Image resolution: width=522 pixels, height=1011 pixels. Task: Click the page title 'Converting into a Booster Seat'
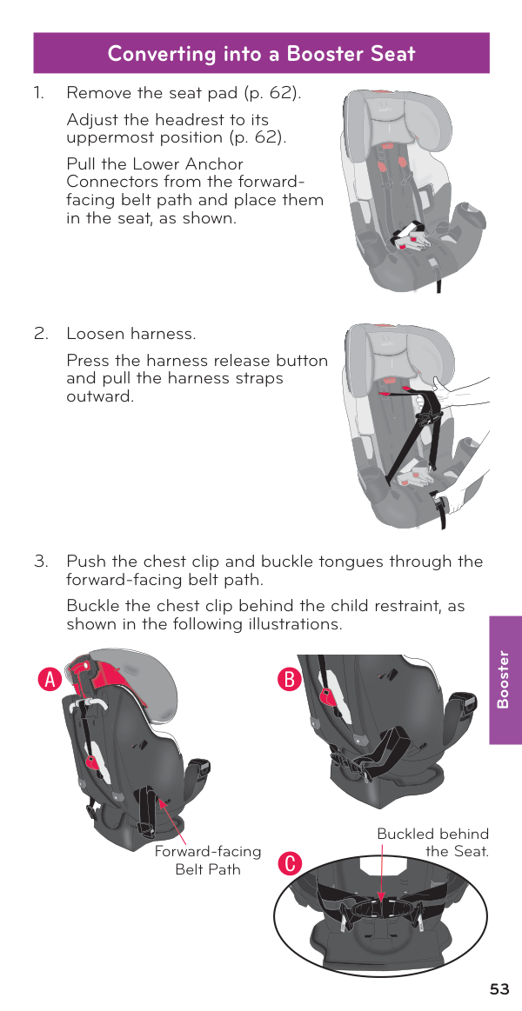click(x=261, y=53)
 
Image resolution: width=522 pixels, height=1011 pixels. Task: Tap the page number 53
click(x=499, y=989)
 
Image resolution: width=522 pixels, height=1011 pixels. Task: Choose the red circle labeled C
click(x=291, y=864)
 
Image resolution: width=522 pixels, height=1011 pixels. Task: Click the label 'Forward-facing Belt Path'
click(x=208, y=860)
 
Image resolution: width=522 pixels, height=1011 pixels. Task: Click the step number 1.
click(x=38, y=93)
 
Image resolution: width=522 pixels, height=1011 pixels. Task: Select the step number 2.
click(x=40, y=334)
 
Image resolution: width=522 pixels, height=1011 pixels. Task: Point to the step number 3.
click(x=40, y=562)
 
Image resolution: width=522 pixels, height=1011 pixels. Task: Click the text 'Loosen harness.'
click(x=131, y=334)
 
